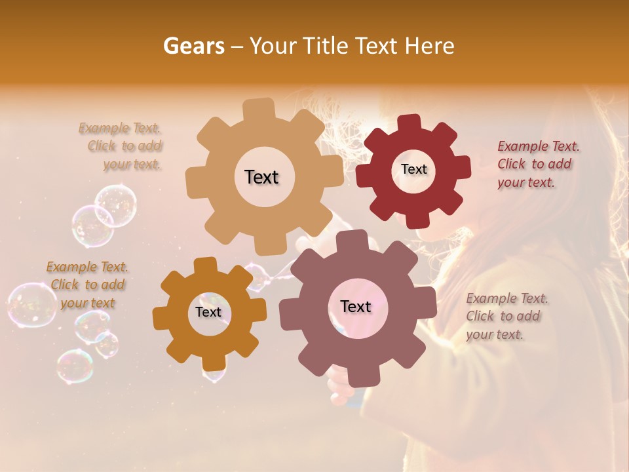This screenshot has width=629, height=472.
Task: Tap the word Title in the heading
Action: (325, 46)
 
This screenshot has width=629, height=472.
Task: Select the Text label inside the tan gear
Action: (261, 177)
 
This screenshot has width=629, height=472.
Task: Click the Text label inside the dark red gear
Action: (413, 169)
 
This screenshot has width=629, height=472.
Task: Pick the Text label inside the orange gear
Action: (208, 312)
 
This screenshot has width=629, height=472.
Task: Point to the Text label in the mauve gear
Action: (355, 306)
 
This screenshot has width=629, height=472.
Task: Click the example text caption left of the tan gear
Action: (122, 146)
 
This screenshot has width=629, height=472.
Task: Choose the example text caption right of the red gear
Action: (538, 164)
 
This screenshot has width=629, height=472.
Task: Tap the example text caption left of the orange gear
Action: (87, 285)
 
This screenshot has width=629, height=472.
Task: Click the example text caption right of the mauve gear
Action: (506, 316)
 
